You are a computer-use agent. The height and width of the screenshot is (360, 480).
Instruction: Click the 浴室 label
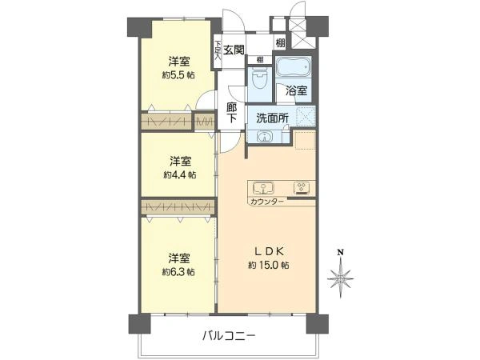pyautogui.click(x=297, y=90)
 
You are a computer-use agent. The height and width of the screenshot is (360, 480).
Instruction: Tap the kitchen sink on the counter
pyautogui.click(x=262, y=189)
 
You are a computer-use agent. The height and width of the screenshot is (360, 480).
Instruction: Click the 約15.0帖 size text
pyautogui.click(x=268, y=265)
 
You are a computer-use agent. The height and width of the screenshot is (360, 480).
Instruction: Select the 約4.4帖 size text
pyautogui.click(x=179, y=174)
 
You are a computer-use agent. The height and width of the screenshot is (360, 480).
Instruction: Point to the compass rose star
pyautogui.click(x=342, y=279)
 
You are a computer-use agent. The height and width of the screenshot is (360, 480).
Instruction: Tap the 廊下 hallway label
pyautogui.click(x=231, y=113)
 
